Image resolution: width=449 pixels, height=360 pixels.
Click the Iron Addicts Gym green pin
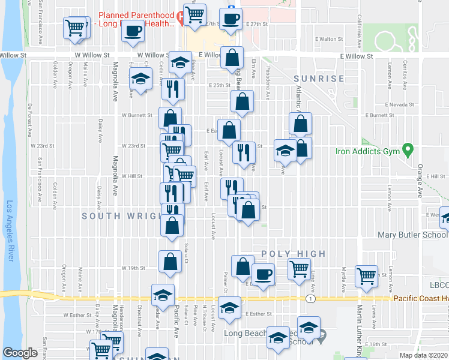click(x=408, y=148)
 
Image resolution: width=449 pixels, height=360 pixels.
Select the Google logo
click(x=20, y=353)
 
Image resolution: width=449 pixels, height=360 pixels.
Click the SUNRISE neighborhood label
click(x=319, y=79)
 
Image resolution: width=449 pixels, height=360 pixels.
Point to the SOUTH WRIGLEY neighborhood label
click(x=120, y=216)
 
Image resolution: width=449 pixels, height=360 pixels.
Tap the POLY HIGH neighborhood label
click(x=294, y=254)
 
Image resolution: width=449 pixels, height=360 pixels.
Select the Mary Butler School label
click(x=412, y=235)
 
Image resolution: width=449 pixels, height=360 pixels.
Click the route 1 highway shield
click(x=310, y=298)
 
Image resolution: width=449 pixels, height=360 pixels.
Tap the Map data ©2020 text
click(x=423, y=355)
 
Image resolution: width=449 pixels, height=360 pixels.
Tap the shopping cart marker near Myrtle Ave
click(x=366, y=276)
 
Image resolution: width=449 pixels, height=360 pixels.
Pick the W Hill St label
click(x=131, y=176)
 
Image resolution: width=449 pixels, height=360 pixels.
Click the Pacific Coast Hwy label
click(x=421, y=298)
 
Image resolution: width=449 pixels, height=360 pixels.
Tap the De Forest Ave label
click(x=29, y=113)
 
